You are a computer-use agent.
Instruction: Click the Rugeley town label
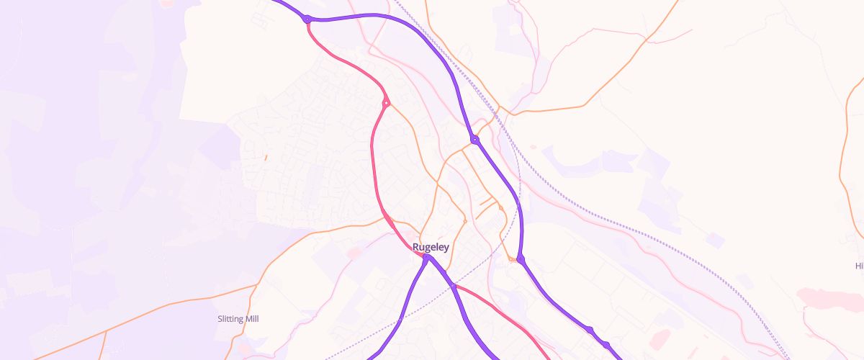pyautogui.click(x=431, y=247)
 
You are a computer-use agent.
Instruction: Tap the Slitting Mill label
pyautogui.click(x=238, y=318)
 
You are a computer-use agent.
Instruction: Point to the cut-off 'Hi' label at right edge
pyautogui.click(x=858, y=266)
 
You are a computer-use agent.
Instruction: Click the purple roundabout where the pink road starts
pyautogui.click(x=307, y=19)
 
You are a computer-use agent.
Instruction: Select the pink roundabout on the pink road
pyautogui.click(x=386, y=103)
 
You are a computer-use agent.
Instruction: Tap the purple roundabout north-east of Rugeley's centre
pyautogui.click(x=474, y=140)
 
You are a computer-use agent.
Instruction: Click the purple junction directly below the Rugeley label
pyautogui.click(x=427, y=257)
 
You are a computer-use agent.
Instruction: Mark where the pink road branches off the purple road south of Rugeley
pyautogui.click(x=454, y=286)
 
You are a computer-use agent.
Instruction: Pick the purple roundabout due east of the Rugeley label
pyautogui.click(x=521, y=259)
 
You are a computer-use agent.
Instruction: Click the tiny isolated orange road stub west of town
pyautogui.click(x=266, y=157)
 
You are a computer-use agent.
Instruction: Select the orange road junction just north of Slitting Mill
pyautogui.click(x=257, y=286)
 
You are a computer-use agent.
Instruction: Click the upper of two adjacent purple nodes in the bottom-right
pyautogui.click(x=590, y=330)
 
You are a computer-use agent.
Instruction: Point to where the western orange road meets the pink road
pyautogui.click(x=385, y=216)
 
